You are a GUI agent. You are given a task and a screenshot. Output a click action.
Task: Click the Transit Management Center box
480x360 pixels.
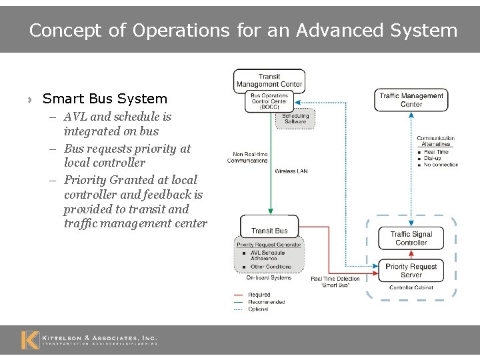click(x=269, y=81)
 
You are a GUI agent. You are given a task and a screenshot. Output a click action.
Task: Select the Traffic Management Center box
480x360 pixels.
click(x=411, y=100)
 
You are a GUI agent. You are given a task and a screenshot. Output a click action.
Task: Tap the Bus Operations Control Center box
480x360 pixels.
click(x=269, y=101)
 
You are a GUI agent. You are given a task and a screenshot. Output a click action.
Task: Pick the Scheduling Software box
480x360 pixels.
click(x=295, y=119)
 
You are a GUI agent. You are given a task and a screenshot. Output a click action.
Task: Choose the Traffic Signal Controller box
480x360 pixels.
click(x=411, y=238)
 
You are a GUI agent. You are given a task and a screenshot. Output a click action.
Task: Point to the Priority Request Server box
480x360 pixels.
click(x=411, y=271)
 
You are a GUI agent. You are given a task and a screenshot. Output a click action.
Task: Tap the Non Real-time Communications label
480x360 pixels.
click(x=247, y=157)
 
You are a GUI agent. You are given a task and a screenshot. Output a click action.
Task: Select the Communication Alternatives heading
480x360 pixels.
click(x=436, y=141)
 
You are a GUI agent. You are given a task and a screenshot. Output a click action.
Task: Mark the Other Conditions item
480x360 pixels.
click(x=271, y=267)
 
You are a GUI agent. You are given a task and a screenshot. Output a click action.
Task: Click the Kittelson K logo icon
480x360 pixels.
click(x=30, y=340)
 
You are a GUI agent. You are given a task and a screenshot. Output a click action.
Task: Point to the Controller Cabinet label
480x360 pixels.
click(x=411, y=288)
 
